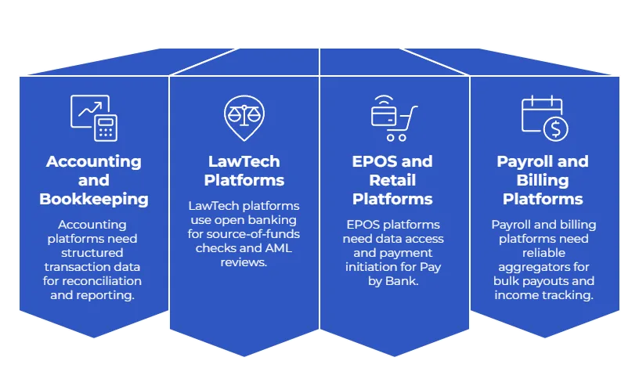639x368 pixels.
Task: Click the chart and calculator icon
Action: click(93, 117)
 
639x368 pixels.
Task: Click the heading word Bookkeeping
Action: click(94, 199)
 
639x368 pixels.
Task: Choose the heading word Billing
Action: click(543, 180)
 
